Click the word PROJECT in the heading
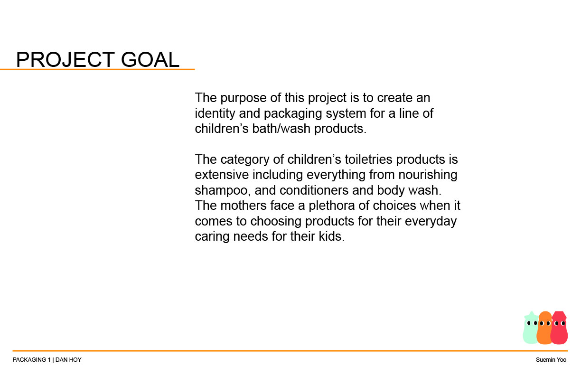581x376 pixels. click(x=66, y=59)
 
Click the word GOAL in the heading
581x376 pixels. click(x=150, y=59)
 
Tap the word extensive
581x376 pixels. click(x=222, y=175)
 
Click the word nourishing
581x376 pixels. click(x=428, y=175)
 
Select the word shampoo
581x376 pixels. click(x=223, y=191)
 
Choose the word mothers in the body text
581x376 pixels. click(x=244, y=206)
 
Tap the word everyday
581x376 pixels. click(x=431, y=222)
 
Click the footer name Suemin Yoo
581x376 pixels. click(x=551, y=360)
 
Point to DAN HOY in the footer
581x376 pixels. click(x=68, y=360)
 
